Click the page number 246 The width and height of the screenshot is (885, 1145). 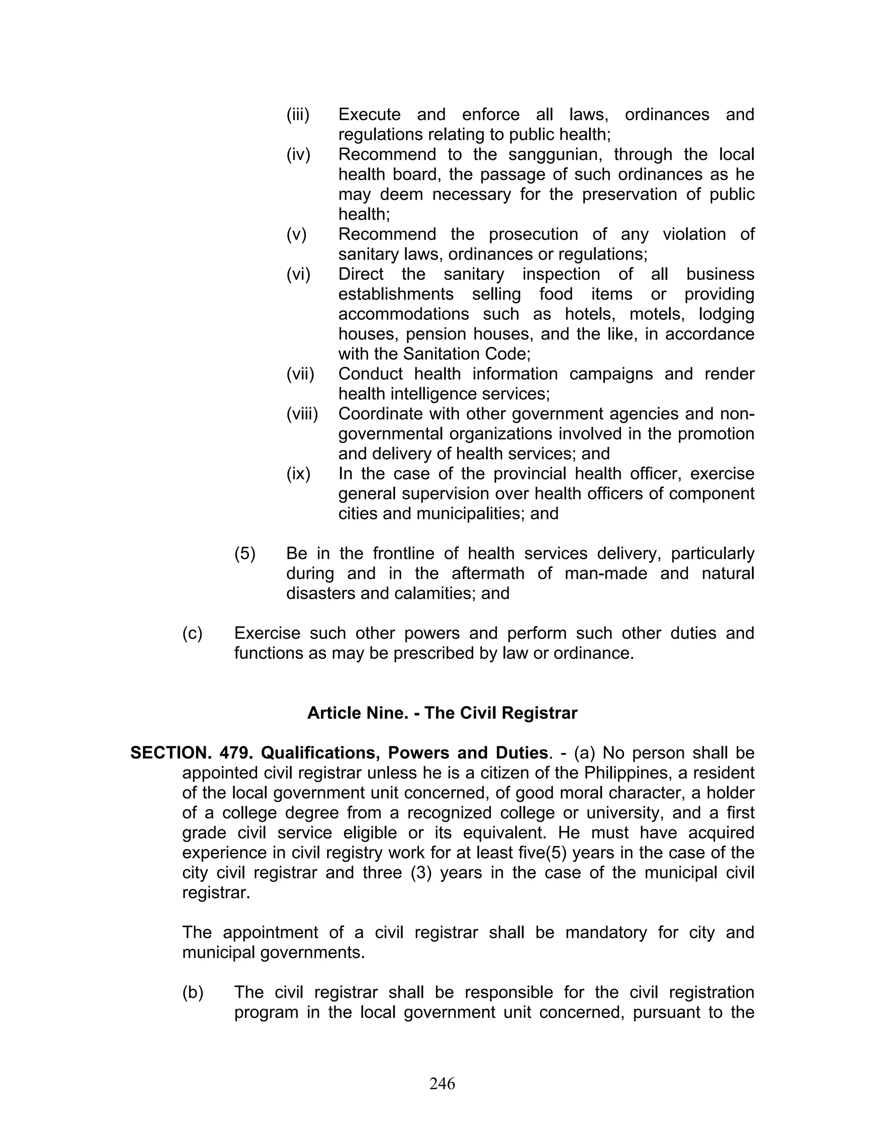pyautogui.click(x=442, y=1083)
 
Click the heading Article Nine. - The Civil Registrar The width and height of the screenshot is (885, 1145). pyautogui.click(x=442, y=713)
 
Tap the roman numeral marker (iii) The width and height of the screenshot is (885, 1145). pyautogui.click(x=298, y=114)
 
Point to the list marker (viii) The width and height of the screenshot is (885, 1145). pyautogui.click(x=302, y=413)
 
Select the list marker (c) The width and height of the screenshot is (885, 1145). pyautogui.click(x=192, y=633)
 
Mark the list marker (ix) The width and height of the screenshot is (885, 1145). pyautogui.click(x=298, y=474)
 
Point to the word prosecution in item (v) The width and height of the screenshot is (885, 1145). pyautogui.click(x=533, y=234)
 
